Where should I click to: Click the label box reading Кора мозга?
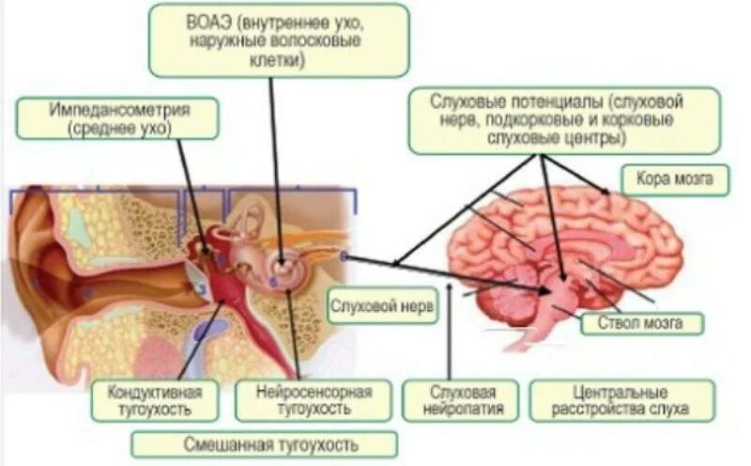(675, 179)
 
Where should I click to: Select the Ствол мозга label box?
(641, 323)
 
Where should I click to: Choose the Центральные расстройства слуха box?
(621, 399)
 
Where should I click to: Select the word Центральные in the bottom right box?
(620, 390)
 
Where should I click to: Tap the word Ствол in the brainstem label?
(619, 323)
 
